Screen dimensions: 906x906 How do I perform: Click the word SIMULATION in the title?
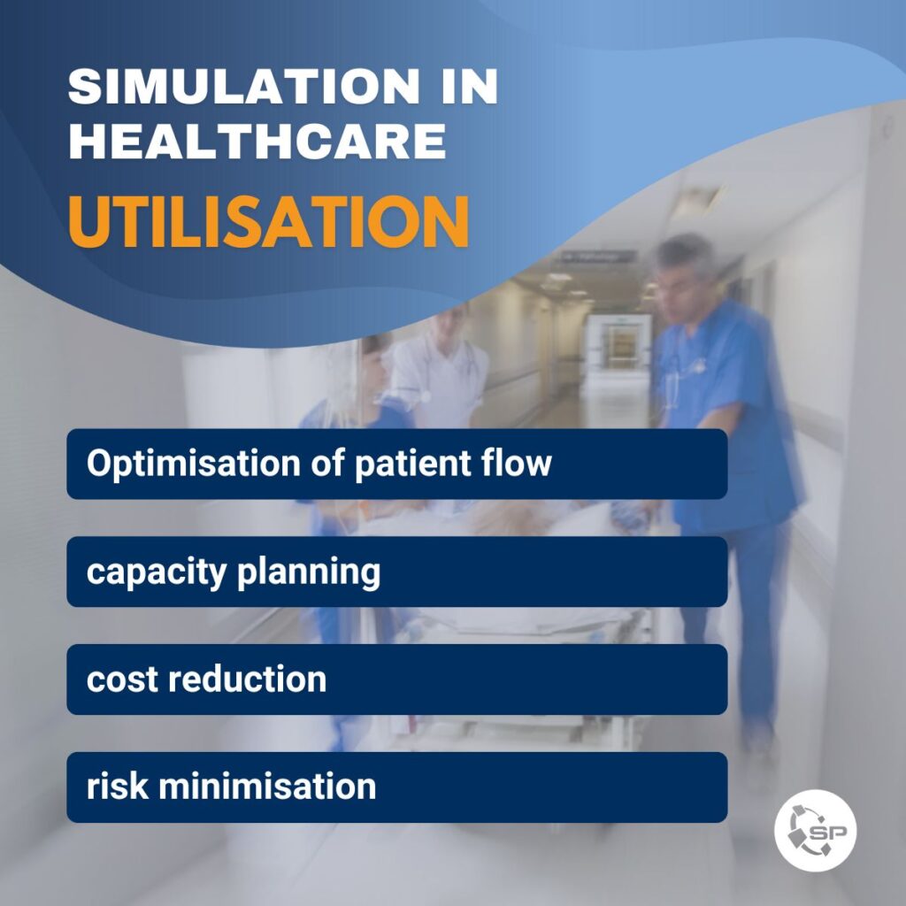[243, 86]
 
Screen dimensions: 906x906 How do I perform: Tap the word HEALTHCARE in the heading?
[257, 141]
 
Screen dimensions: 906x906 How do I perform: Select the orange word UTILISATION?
[269, 222]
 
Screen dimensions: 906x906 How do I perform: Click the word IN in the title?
[469, 86]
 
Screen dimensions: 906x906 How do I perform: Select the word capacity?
[156, 572]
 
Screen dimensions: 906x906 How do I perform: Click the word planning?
[309, 572]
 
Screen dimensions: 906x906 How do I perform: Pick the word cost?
[122, 679]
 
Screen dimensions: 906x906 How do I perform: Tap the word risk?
[118, 786]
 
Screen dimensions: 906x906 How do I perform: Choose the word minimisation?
[267, 786]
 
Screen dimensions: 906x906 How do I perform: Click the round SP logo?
[815, 831]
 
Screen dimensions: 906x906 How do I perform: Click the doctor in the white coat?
[441, 370]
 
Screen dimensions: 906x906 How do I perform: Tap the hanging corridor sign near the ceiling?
[598, 256]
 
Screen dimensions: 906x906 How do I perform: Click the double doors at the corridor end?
[618, 344]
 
